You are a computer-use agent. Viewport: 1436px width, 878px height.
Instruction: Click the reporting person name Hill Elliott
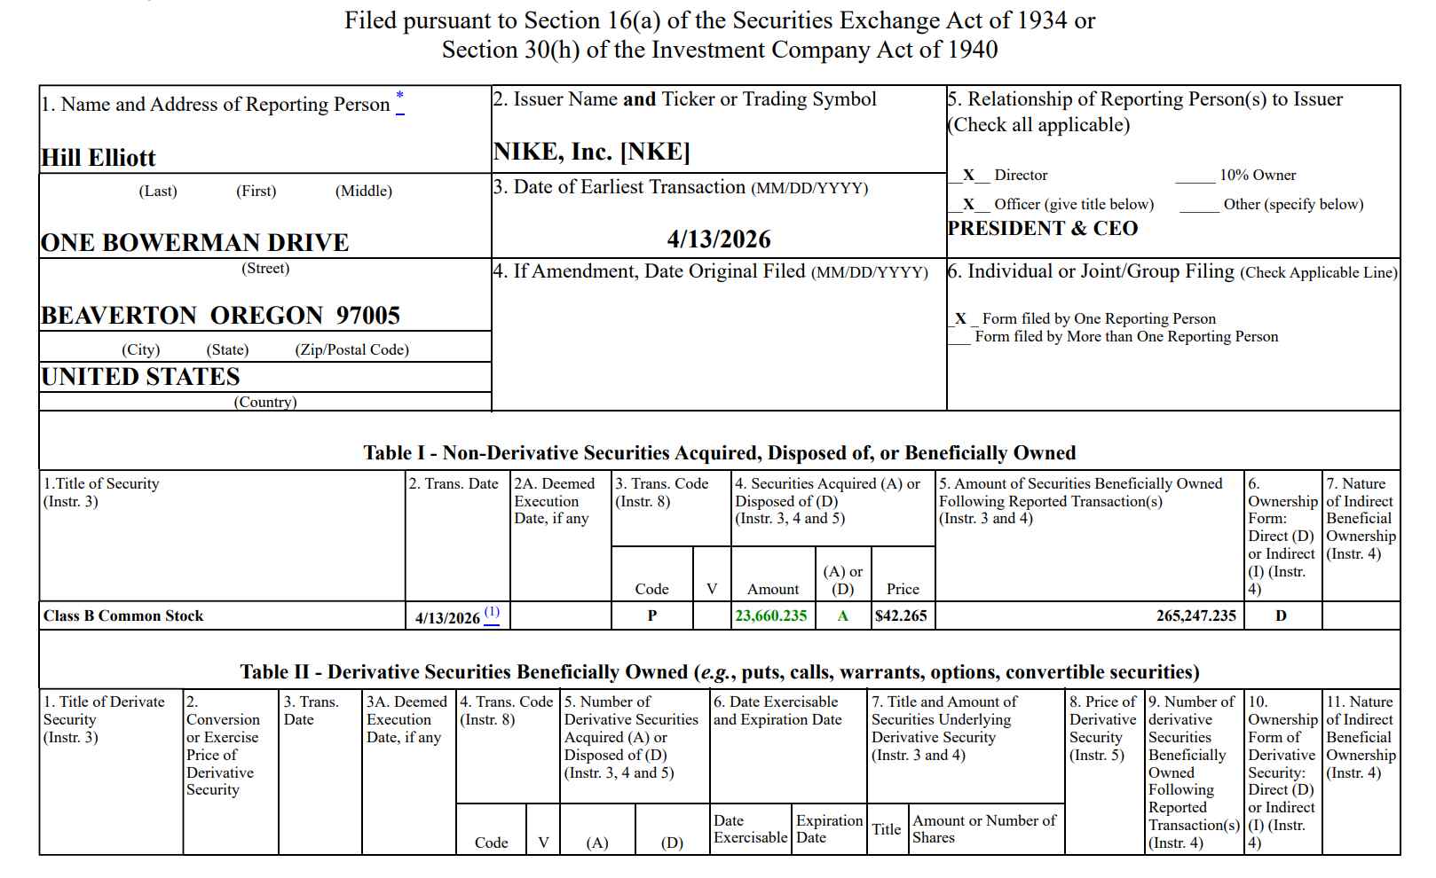(x=99, y=158)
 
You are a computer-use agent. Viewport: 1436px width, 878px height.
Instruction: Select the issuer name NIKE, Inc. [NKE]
(x=591, y=153)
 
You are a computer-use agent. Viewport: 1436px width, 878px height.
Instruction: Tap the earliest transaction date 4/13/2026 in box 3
(x=719, y=239)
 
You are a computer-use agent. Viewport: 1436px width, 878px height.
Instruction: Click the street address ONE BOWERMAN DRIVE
(x=195, y=243)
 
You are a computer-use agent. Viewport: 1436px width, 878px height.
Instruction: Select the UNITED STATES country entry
(x=141, y=377)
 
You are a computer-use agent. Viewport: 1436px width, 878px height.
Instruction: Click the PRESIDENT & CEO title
(x=1043, y=229)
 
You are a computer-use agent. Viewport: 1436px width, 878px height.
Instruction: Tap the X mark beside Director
(x=968, y=176)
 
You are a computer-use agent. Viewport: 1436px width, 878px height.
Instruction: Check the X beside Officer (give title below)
(x=968, y=204)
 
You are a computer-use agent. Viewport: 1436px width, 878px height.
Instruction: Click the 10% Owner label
(x=1257, y=176)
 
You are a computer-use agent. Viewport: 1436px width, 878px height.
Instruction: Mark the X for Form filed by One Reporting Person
(x=960, y=318)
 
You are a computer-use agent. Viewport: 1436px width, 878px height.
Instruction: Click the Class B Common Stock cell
(x=123, y=615)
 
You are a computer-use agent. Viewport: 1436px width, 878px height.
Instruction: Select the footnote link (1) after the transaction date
(x=492, y=614)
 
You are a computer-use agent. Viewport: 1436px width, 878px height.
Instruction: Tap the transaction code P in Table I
(x=652, y=615)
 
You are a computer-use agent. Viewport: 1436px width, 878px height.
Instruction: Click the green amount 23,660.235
(x=771, y=615)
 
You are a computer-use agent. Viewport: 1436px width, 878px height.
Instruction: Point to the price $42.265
(x=901, y=615)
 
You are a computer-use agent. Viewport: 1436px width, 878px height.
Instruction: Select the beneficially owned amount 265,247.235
(x=1195, y=615)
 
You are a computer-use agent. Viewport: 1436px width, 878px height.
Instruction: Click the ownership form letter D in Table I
(x=1281, y=615)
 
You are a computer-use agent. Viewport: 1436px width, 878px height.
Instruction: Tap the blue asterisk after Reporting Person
(x=399, y=98)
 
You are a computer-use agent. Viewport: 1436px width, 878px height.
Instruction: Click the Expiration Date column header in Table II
(x=828, y=828)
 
